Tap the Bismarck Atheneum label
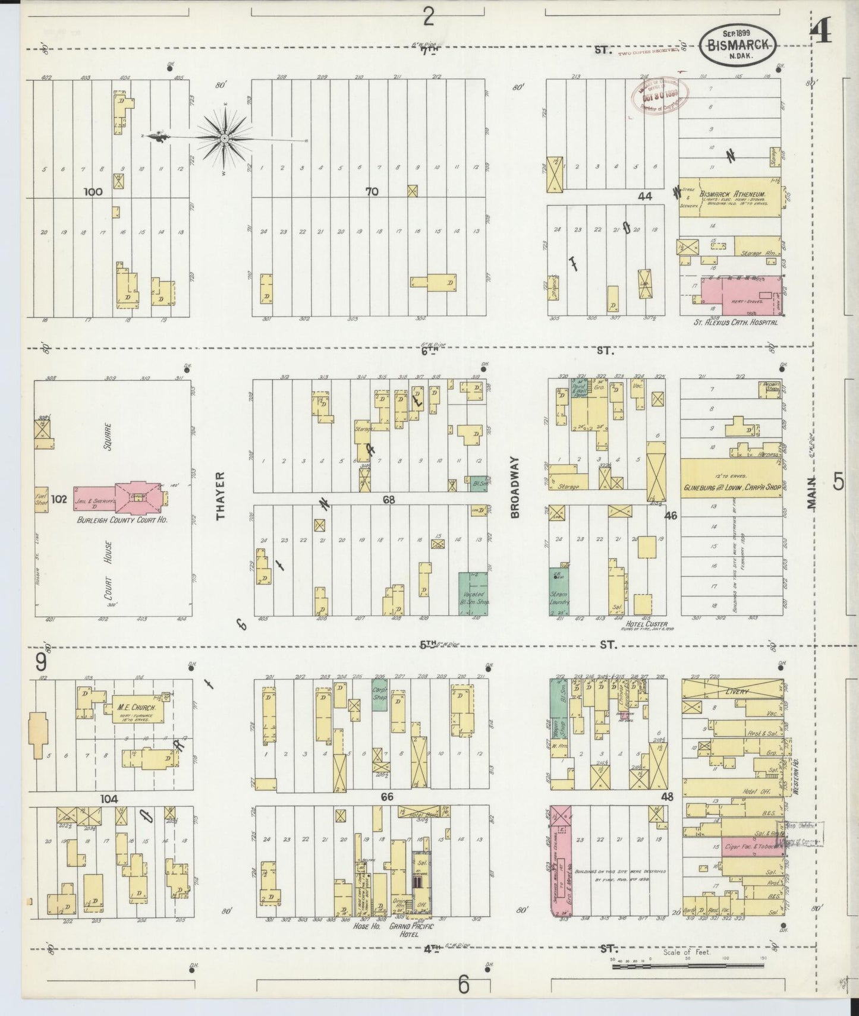coord(732,195)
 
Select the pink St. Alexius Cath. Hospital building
coord(741,295)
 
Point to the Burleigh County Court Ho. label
coord(122,519)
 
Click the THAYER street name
coord(221,496)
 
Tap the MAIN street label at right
coord(812,493)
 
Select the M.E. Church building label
coord(136,708)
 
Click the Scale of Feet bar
coord(690,967)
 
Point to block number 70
coord(372,192)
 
